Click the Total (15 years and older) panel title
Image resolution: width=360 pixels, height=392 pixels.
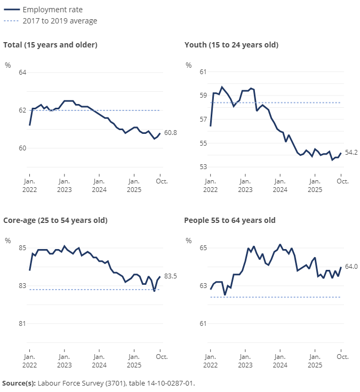(50, 45)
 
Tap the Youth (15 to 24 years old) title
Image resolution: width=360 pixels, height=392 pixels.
(231, 45)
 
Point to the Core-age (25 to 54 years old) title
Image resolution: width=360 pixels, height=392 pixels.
(55, 220)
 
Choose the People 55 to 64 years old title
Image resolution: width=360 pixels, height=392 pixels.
(229, 220)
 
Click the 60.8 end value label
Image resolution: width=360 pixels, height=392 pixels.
(171, 133)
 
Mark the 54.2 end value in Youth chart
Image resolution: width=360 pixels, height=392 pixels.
(351, 153)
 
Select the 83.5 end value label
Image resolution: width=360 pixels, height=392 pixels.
(171, 276)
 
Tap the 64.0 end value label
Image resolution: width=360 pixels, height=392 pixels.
(351, 267)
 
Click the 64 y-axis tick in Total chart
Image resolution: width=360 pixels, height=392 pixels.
(22, 73)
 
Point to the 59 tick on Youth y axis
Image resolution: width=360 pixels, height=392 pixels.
(203, 95)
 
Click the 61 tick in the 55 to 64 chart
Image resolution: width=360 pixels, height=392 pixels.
(203, 324)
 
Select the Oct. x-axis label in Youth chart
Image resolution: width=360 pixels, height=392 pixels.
(342, 181)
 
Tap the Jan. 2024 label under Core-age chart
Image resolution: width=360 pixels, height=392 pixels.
(99, 361)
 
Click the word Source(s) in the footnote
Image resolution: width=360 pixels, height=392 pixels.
(19, 383)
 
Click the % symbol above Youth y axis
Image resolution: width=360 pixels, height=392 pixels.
(188, 65)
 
